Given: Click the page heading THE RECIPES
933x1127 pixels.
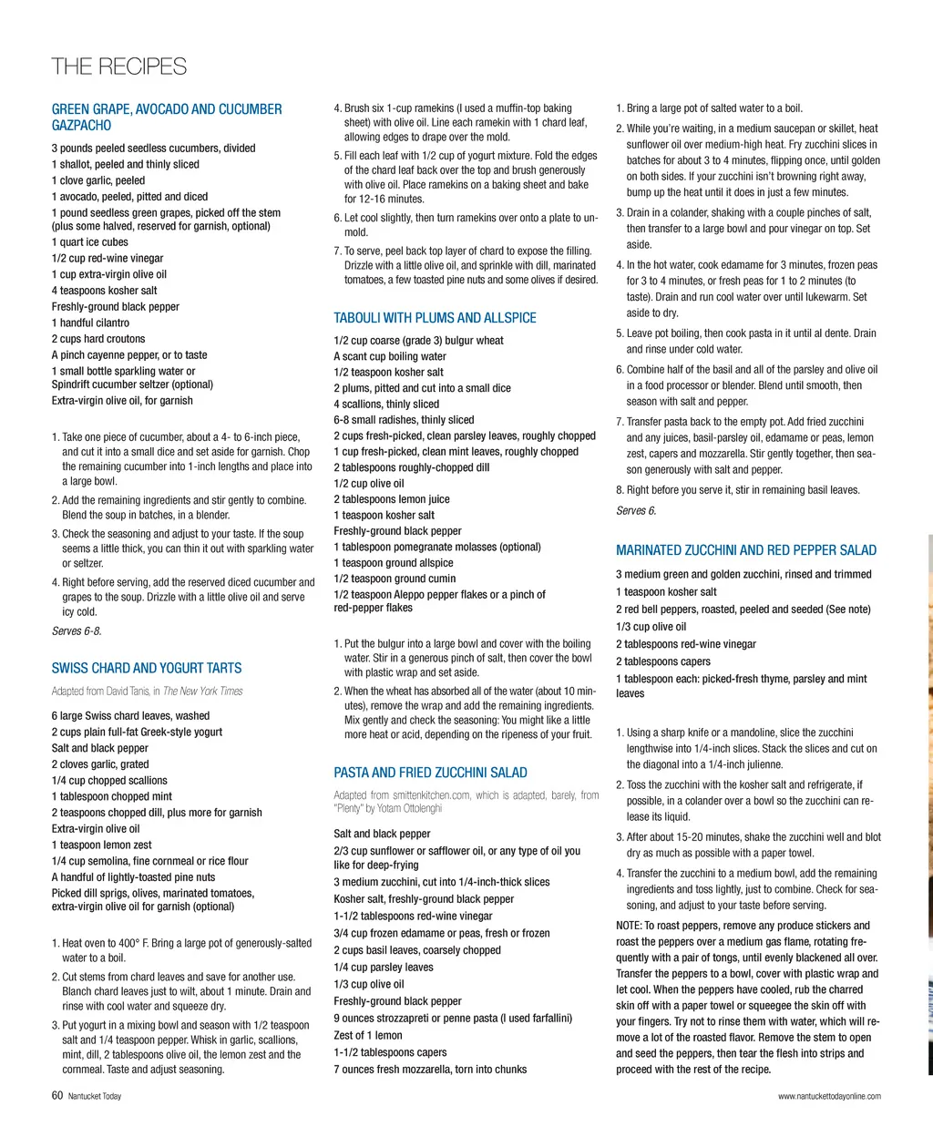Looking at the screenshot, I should (x=118, y=67).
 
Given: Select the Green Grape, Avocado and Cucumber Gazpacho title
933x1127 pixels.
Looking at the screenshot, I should (x=167, y=117).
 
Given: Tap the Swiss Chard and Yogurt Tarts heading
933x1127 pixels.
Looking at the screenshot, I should (x=147, y=668).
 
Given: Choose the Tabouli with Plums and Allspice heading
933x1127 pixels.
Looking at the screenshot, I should (x=435, y=318).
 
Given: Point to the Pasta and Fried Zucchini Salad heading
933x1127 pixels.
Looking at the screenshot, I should (x=430, y=773).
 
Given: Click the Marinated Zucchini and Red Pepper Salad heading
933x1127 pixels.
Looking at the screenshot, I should (x=745, y=550).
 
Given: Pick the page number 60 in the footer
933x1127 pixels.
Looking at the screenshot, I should (x=57, y=1096).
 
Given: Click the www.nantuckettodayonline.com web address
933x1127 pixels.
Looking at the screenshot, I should (x=829, y=1096).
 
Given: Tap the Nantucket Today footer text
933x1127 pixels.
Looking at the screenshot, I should (x=95, y=1096).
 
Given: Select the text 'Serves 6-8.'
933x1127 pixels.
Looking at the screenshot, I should (x=77, y=630).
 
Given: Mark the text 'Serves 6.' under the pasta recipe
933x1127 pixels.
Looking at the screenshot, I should (x=636, y=510).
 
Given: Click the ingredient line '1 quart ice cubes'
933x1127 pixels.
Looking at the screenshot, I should (x=89, y=242).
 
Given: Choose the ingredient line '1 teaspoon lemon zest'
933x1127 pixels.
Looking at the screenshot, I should (x=102, y=845).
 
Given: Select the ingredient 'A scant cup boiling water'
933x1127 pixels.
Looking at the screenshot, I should (x=390, y=356).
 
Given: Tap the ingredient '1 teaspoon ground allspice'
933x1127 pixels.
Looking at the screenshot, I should (x=394, y=563).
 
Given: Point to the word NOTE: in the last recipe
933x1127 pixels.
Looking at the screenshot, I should (x=629, y=926).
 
